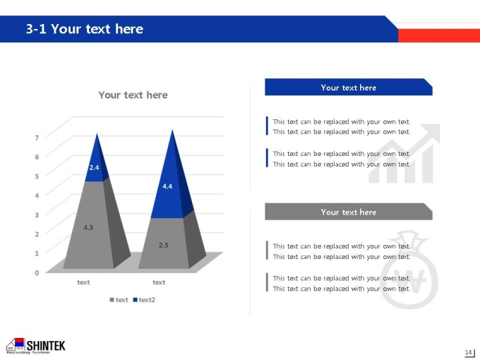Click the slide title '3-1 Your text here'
coord(85,29)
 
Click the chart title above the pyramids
coord(133,95)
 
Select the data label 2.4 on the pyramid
coord(94,167)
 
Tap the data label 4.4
coord(167,186)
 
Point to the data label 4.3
coord(88,227)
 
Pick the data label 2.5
coord(164,245)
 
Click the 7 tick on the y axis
coord(37,138)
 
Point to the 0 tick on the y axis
coord(37,272)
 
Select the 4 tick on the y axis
coord(37,196)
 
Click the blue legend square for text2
coord(135,300)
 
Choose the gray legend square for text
coord(112,300)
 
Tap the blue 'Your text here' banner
coord(349,87)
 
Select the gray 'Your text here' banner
coord(349,212)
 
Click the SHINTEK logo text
coord(46,346)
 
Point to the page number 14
coord(468,352)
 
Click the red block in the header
coord(439,35)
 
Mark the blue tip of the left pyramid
coord(97,134)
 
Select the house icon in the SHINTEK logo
coord(16,344)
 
